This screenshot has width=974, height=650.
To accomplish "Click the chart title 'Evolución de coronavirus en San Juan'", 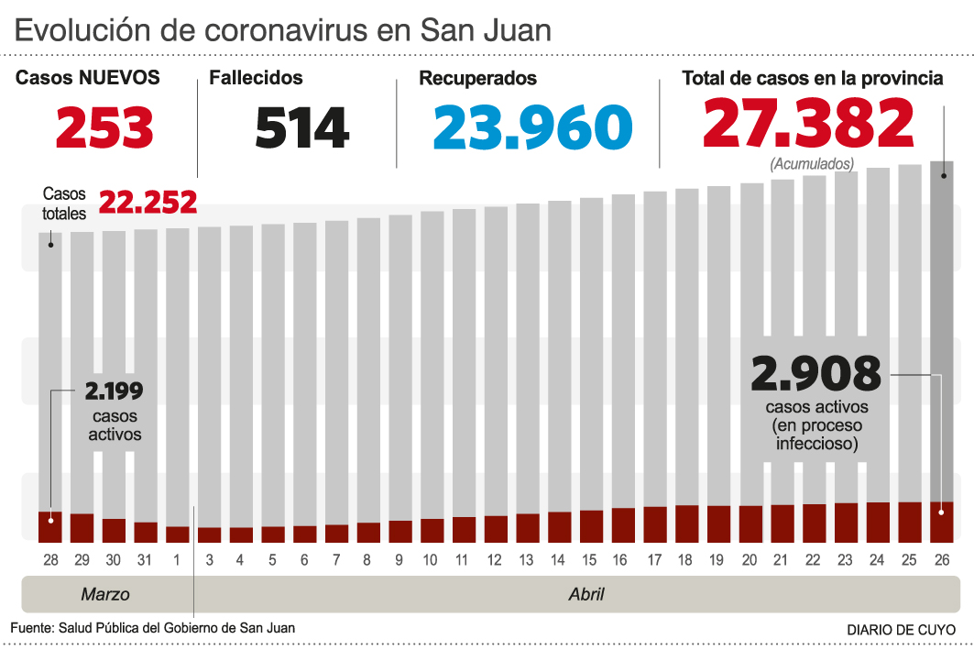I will (283, 30).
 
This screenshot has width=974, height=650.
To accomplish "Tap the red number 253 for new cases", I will (104, 127).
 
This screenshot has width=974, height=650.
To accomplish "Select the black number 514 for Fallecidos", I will (301, 127).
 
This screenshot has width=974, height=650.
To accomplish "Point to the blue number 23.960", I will (532, 127).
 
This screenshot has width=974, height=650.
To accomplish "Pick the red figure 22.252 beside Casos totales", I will (148, 203).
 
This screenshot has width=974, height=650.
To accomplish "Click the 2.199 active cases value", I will (114, 391).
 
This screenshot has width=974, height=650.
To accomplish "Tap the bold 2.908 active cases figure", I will (815, 374).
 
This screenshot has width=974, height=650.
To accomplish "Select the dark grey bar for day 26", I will (942, 330).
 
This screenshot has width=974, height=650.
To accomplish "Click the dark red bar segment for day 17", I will (655, 523).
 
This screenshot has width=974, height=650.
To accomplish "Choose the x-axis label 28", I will (49, 559).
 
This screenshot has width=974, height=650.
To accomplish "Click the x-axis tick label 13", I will (527, 559).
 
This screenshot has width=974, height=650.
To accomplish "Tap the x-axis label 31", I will (145, 559).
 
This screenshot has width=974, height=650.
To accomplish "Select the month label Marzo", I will (105, 594).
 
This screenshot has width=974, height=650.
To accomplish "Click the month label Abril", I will (586, 594).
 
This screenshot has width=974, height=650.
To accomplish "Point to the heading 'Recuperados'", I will (477, 79).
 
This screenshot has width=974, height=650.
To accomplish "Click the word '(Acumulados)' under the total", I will (812, 164).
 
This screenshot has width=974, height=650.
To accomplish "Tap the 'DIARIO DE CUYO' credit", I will (901, 630).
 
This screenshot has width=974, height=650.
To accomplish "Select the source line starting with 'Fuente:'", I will (153, 628).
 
